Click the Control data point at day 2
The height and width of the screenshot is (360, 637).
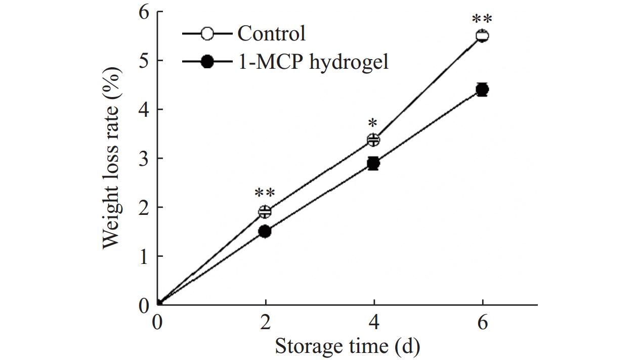265,211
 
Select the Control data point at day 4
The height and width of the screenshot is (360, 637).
374,140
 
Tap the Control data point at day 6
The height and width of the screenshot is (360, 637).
483,36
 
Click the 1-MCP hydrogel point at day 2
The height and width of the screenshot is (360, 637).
265,231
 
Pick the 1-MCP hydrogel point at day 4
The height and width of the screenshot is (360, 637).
374,163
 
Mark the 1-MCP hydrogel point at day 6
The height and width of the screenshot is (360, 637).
483,90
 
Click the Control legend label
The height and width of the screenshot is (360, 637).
271,34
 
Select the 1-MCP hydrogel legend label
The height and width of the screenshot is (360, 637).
313,62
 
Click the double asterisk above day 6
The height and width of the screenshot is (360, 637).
482,20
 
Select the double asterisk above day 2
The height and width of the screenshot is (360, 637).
265,194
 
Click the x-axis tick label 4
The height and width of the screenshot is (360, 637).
374,322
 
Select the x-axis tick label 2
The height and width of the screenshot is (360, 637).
265,322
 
